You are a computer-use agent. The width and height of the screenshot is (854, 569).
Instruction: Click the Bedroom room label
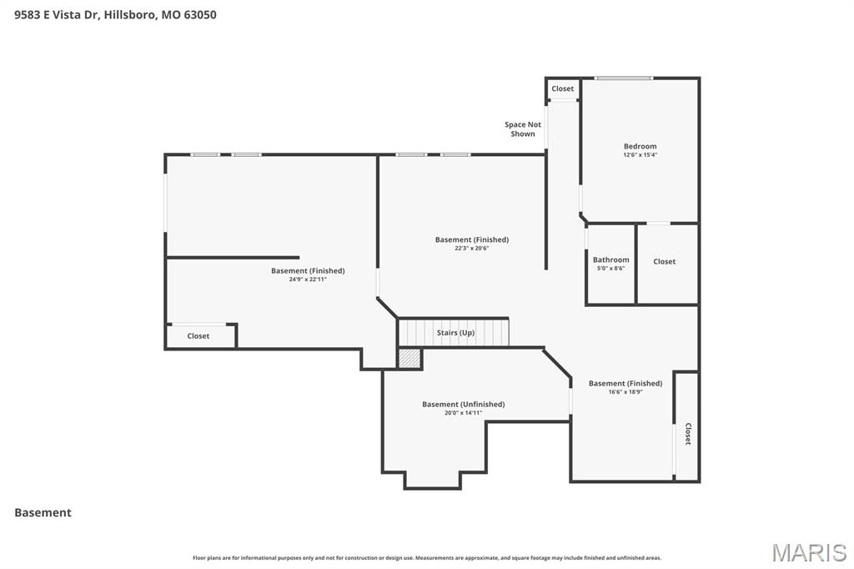(640, 146)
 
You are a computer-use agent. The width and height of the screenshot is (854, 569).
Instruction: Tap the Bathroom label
(610, 259)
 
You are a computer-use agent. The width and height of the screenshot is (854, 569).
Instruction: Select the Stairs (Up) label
(455, 333)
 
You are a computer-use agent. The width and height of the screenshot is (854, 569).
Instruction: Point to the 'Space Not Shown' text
(523, 129)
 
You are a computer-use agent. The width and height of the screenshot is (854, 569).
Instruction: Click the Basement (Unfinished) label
(463, 404)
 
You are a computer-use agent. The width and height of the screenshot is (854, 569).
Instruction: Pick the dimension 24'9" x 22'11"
(308, 279)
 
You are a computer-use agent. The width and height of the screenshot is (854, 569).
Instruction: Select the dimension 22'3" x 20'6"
(471, 248)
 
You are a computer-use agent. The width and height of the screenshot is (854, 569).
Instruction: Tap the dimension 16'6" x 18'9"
(625, 391)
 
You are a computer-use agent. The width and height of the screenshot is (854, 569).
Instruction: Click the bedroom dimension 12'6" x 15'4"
(640, 155)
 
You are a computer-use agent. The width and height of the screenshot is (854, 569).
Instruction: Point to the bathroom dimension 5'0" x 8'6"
(610, 268)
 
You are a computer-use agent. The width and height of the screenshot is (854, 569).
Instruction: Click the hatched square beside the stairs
(409, 359)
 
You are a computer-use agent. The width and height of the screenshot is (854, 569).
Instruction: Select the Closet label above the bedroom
(562, 88)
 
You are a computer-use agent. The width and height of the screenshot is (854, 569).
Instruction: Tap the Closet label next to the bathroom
(665, 261)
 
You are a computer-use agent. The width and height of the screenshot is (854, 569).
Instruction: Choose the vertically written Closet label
(687, 434)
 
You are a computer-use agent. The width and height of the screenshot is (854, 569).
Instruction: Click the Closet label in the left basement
(198, 335)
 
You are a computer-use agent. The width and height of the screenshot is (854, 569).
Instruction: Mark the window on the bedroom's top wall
(623, 78)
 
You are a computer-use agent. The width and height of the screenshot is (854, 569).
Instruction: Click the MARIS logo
(808, 551)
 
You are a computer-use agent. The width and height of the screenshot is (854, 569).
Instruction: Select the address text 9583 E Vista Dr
(57, 14)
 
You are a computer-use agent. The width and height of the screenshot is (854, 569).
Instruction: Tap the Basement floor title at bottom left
(43, 512)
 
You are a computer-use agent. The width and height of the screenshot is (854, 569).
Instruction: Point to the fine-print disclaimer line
(426, 557)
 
